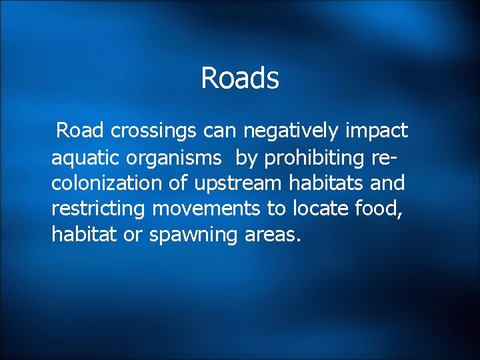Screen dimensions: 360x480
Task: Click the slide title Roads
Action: point(239,78)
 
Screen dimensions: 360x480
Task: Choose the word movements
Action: point(207,209)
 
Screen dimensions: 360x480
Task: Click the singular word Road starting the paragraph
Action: point(80,131)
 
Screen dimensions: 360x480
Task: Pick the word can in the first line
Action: point(221,131)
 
